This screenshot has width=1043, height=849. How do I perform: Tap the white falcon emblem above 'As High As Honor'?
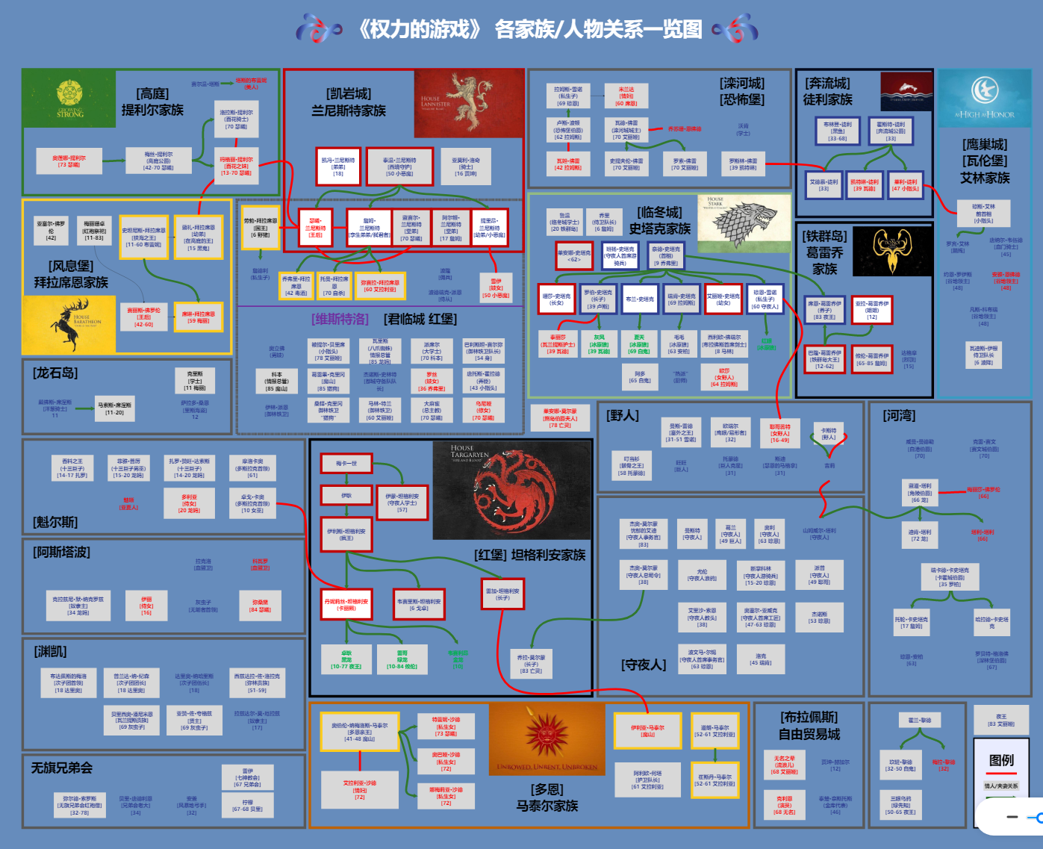tap(985, 91)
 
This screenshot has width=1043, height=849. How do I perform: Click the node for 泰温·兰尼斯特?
tap(399, 167)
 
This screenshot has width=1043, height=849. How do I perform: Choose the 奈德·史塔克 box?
tap(666, 255)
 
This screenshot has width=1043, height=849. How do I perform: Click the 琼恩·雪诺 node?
tap(765, 299)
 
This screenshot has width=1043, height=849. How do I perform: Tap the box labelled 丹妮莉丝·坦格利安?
tap(346, 604)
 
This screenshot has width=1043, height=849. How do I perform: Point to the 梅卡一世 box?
tap(346, 464)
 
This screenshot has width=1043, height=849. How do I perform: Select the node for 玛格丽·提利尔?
tap(236, 165)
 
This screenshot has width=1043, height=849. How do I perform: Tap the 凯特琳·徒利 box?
tap(865, 184)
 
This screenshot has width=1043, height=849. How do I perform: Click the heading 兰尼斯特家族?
tap(349, 111)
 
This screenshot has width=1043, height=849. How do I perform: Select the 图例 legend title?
tap(1001, 760)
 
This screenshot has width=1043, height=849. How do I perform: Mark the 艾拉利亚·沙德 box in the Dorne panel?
tap(360, 789)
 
